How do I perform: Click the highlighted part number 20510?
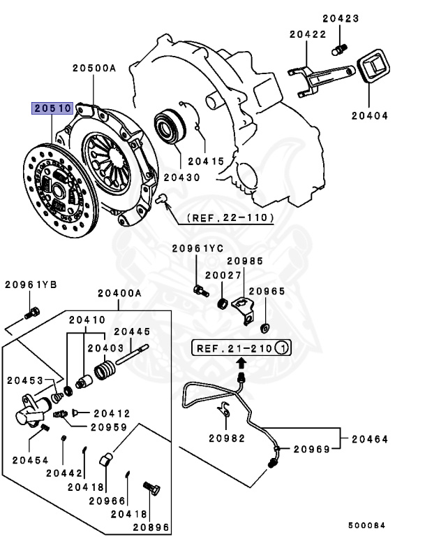(52, 108)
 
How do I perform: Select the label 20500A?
(93, 69)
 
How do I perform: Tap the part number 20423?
(341, 20)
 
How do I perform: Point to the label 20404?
(369, 116)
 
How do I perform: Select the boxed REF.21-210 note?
(241, 347)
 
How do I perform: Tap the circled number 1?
(281, 347)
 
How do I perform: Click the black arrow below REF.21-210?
(241, 362)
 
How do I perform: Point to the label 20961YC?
(197, 248)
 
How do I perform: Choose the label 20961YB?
(29, 284)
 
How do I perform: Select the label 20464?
(369, 440)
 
